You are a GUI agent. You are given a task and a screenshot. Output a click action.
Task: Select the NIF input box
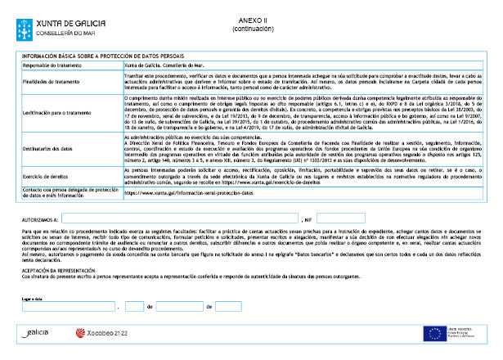pos(340,218)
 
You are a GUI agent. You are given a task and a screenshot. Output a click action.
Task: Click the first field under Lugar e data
pos(70,306)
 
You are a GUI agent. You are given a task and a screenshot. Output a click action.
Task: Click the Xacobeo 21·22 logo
pos(102,334)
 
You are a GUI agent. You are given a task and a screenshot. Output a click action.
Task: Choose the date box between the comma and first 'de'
pos(135,306)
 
